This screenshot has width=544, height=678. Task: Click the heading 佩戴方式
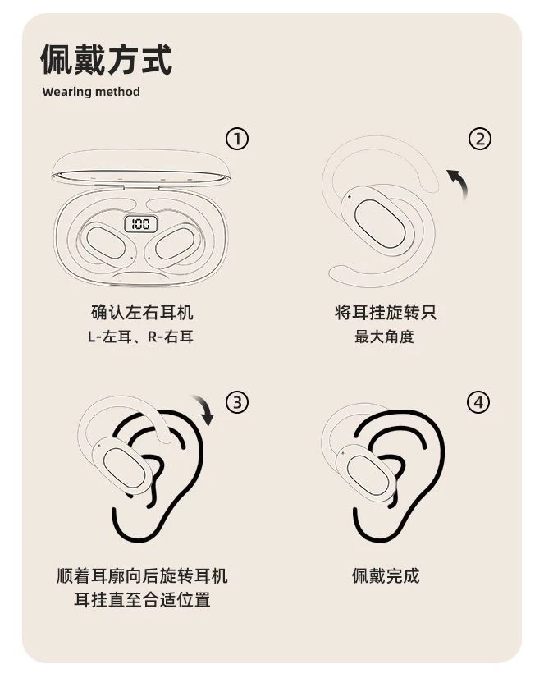click(x=107, y=60)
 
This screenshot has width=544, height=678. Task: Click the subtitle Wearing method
click(x=91, y=92)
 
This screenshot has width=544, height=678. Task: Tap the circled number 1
click(x=237, y=139)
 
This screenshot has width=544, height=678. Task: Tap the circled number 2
click(x=480, y=139)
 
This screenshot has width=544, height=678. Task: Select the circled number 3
click(x=237, y=402)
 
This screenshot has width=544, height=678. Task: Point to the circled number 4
click(x=478, y=402)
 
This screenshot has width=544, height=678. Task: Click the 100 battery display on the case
click(x=141, y=224)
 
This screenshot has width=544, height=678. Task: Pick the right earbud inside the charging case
click(x=175, y=243)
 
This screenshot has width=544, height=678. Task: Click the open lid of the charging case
click(x=140, y=168)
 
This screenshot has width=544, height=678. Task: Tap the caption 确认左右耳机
click(x=142, y=312)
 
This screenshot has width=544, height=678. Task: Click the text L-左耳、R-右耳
click(x=140, y=337)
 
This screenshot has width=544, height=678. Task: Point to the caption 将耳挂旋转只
click(x=386, y=312)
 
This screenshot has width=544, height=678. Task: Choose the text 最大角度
click(x=384, y=337)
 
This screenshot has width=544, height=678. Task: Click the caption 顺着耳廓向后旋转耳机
click(x=142, y=576)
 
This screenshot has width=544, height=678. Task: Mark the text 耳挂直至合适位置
click(x=142, y=600)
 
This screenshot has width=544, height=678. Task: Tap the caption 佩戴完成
click(x=386, y=576)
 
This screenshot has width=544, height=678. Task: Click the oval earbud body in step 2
click(x=379, y=223)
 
